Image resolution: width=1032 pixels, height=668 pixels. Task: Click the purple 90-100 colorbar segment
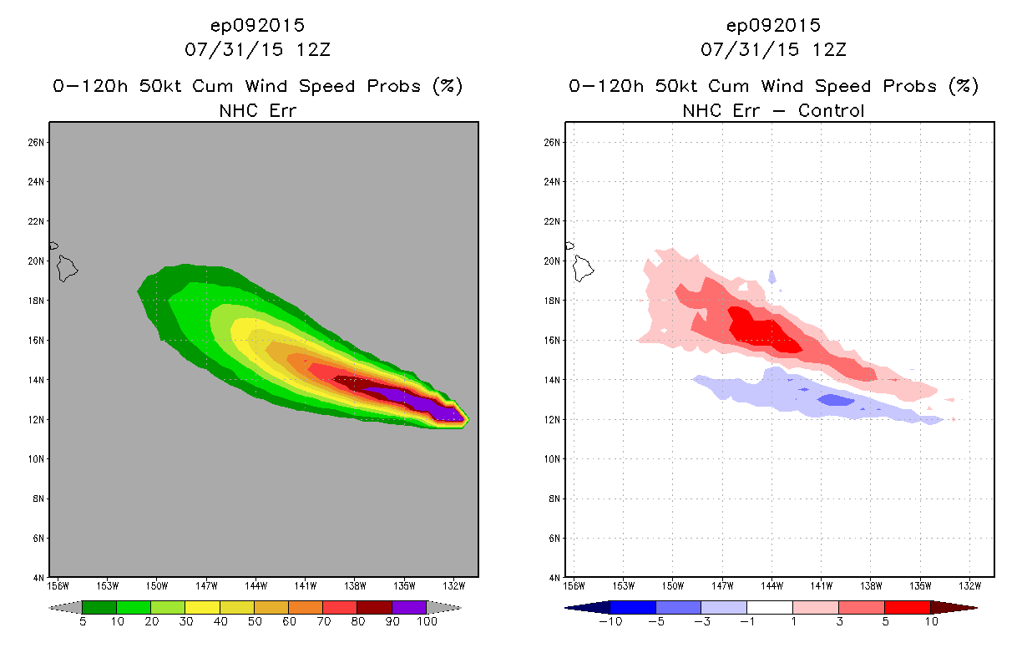409,607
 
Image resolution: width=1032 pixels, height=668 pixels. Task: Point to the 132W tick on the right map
970,584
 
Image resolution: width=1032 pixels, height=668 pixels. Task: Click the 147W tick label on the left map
206,584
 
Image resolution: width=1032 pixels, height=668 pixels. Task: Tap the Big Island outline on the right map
584,268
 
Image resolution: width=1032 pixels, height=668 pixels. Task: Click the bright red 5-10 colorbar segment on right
907,607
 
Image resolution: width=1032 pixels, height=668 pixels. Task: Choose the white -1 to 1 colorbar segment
769,607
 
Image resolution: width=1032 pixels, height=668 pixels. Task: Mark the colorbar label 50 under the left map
254,622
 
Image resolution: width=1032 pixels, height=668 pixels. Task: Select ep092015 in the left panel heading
257,25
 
